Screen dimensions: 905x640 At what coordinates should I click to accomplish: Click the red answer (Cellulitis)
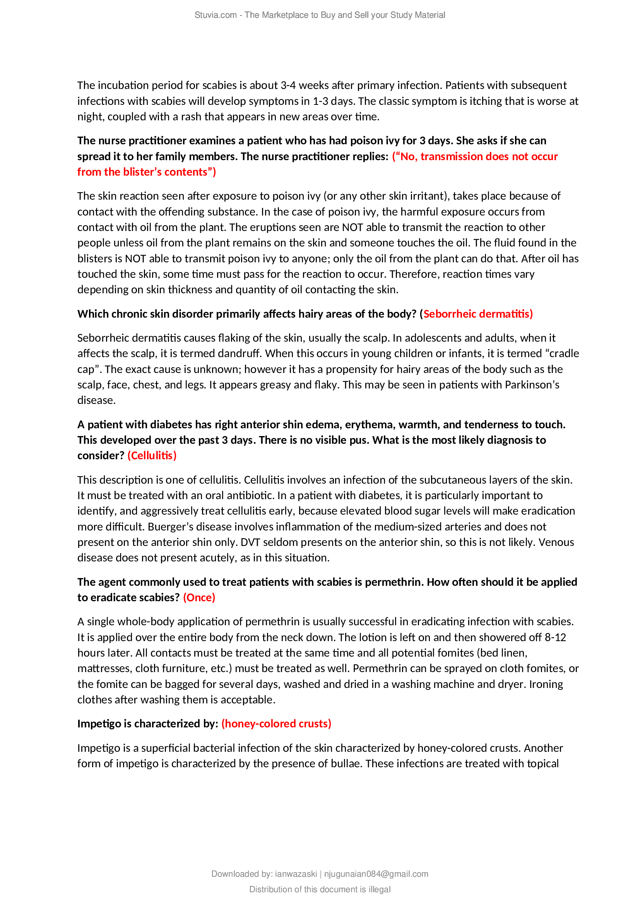pyautogui.click(x=152, y=456)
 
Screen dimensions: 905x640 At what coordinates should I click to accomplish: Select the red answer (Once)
pyautogui.click(x=199, y=597)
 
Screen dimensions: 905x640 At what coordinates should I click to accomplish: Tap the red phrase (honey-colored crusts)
pyautogui.click(x=276, y=724)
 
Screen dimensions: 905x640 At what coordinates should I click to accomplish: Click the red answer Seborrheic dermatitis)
pyautogui.click(x=477, y=314)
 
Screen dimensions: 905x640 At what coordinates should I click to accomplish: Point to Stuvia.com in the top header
pyautogui.click(x=215, y=15)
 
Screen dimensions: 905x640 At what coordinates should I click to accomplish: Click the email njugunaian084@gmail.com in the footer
pyautogui.click(x=376, y=874)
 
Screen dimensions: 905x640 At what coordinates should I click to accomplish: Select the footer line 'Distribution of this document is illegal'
pyautogui.click(x=320, y=889)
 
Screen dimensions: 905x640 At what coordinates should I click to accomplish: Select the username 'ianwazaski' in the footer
pyautogui.click(x=296, y=874)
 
